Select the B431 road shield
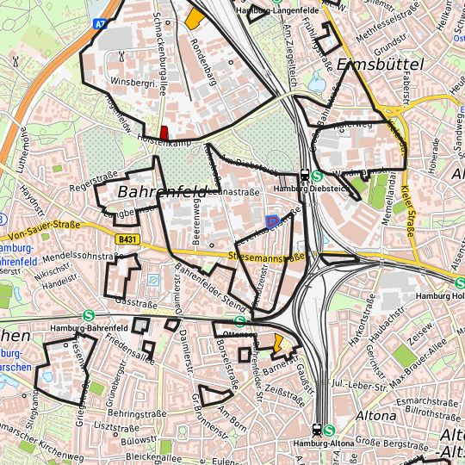click(x=127, y=239)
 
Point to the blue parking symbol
click(x=272, y=222)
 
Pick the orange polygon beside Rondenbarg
click(x=195, y=18)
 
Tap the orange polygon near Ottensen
click(x=278, y=344)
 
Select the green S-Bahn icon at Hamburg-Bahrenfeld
click(x=90, y=316)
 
